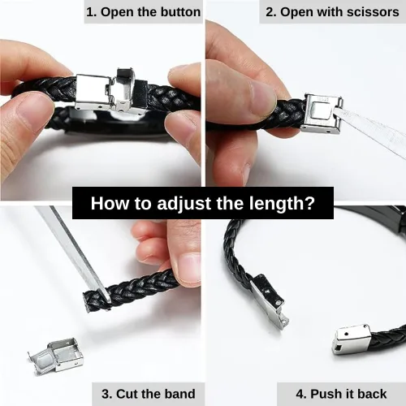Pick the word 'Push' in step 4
click(324, 394)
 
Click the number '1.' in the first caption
click(92, 12)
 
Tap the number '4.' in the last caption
click(301, 394)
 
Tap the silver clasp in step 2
click(322, 114)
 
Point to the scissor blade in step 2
click(371, 127)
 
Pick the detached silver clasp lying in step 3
click(55, 355)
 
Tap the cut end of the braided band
click(88, 302)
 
